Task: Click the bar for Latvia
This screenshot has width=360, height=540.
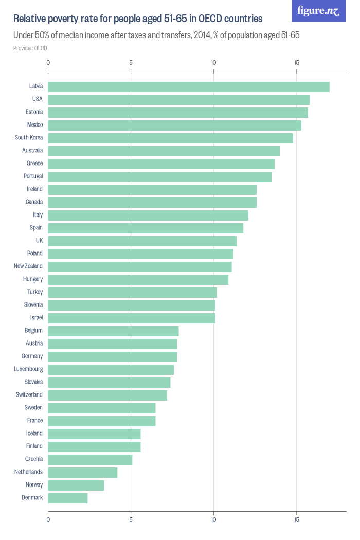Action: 189,86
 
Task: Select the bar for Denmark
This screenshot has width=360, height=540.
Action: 68,498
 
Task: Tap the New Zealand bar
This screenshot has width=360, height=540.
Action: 140,266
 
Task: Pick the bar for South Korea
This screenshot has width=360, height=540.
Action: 170,138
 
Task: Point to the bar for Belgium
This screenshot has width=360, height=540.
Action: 113,331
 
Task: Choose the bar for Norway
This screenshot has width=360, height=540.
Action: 76,485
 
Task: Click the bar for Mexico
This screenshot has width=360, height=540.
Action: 174,125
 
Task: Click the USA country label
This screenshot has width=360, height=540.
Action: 37,99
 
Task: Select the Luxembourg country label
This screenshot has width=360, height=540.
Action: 28,369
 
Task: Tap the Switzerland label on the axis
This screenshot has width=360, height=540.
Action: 29,394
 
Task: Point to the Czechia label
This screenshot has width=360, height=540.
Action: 34,459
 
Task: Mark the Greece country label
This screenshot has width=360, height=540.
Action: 34,163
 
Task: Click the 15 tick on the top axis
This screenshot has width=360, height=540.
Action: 296,63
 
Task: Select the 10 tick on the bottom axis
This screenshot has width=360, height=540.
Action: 213,520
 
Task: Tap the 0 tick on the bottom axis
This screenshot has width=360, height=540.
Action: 48,520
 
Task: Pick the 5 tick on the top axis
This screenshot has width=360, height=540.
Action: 131,63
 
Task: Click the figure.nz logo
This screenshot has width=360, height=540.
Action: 318,11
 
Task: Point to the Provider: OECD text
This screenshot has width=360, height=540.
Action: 30,48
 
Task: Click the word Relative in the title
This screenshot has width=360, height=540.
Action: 30,19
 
